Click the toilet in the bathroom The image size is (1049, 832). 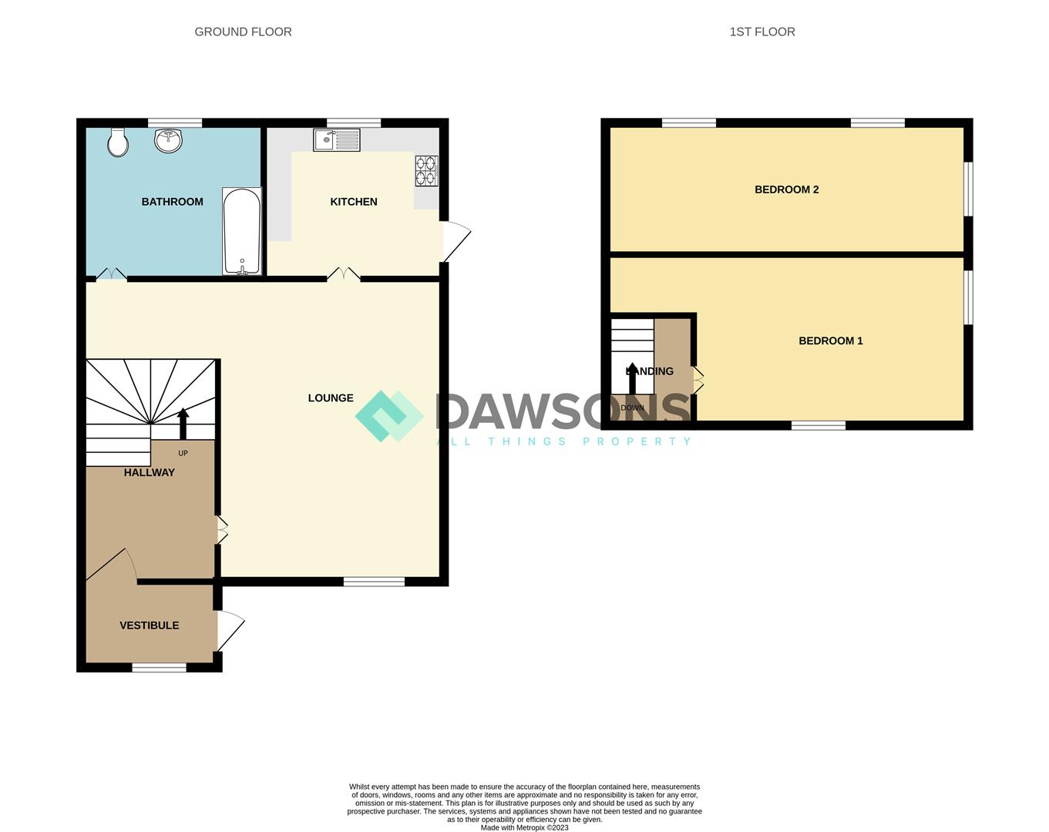[117, 143]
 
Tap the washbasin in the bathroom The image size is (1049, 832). [168, 140]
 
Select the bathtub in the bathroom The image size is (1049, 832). [242, 230]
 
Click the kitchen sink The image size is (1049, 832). [336, 140]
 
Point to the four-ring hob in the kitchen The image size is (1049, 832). [426, 171]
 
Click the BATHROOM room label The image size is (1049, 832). [172, 202]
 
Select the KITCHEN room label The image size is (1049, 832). [354, 202]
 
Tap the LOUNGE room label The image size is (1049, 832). [331, 398]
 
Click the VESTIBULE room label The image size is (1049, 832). [150, 626]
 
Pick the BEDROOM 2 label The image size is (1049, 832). [786, 190]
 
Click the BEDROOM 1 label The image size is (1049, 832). [830, 341]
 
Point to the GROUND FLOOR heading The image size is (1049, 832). [243, 32]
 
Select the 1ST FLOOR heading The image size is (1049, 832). [762, 32]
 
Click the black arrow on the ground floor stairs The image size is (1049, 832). [183, 424]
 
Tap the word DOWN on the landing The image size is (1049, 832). [632, 408]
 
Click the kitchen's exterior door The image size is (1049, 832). [455, 241]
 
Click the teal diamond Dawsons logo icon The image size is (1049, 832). [388, 416]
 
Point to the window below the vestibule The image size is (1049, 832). [159, 667]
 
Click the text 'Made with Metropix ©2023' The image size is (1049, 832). [524, 828]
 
